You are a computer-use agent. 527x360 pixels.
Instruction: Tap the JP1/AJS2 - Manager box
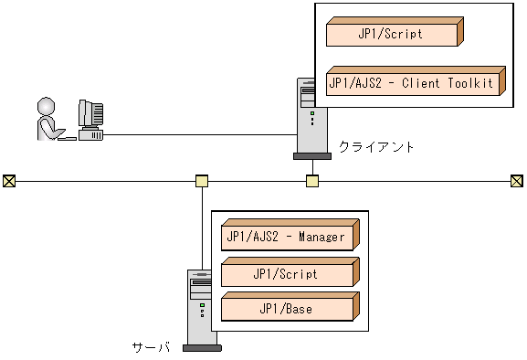pyautogui.click(x=286, y=238)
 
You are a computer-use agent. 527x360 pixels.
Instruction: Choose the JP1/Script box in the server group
pyautogui.click(x=286, y=274)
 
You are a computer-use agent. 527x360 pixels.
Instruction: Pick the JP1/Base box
pyautogui.click(x=286, y=310)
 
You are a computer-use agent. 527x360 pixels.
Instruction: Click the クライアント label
pyautogui.click(x=376, y=146)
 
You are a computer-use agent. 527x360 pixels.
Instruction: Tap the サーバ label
pyautogui.click(x=152, y=347)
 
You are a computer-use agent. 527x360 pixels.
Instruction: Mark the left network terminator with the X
pyautogui.click(x=9, y=181)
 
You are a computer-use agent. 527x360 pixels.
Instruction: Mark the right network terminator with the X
pyautogui.click(x=516, y=181)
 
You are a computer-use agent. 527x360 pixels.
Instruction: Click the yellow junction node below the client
pyautogui.click(x=311, y=181)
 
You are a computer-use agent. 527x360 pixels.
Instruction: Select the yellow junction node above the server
pyautogui.click(x=202, y=181)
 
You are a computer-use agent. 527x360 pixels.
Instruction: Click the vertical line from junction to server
pyautogui.click(x=202, y=228)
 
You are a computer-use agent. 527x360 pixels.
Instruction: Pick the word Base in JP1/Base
pyautogui.click(x=299, y=310)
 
